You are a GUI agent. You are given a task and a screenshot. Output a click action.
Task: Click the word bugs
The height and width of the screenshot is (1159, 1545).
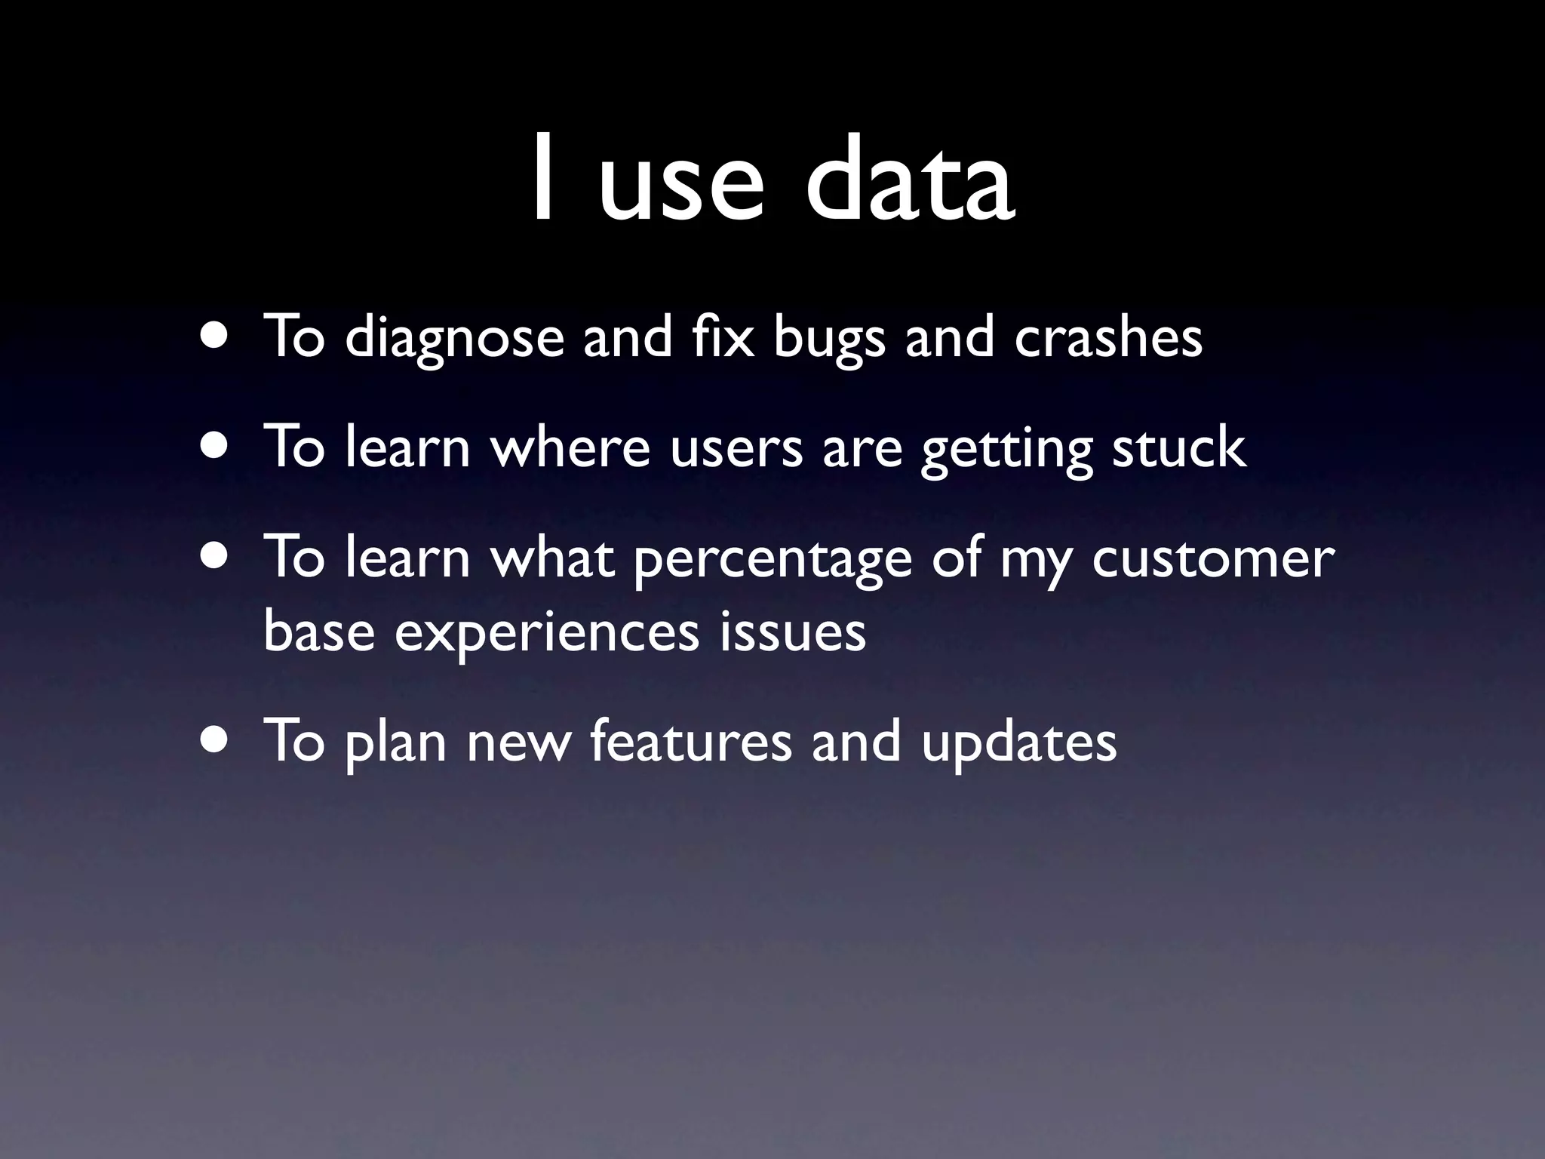pyautogui.click(x=828, y=340)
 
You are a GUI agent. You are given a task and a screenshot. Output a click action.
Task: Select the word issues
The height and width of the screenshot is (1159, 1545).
pyautogui.click(x=792, y=632)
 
